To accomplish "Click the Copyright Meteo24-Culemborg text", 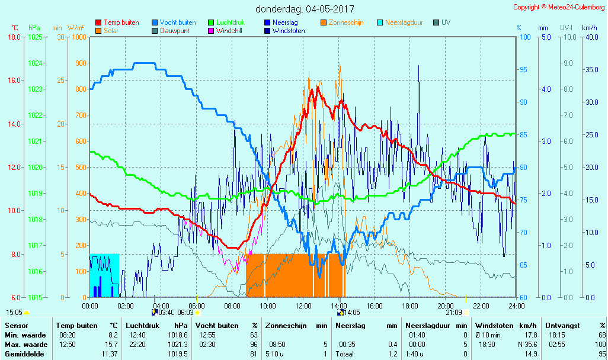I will (558, 7).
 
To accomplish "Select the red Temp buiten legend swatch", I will (98, 22).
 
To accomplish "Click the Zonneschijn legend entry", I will (345, 22).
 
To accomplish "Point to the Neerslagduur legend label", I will (404, 22).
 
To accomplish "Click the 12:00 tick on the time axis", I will (303, 306).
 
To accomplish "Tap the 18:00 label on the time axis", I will (410, 306).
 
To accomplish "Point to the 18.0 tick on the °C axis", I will (14, 37).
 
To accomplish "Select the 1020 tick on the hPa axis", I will (35, 167).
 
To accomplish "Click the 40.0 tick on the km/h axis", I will (590, 37).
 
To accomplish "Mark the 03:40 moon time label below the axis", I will (167, 313).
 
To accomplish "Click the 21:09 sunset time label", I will (454, 313).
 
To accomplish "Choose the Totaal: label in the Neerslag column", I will (345, 353).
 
